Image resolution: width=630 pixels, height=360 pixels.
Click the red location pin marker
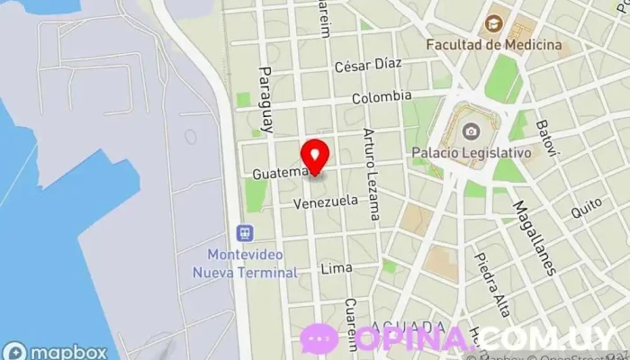pyautogui.click(x=314, y=155)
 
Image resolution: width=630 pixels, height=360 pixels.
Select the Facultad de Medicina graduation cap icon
pyautogui.click(x=493, y=23)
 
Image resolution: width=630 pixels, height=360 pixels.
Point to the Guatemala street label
pyautogui.click(x=282, y=172)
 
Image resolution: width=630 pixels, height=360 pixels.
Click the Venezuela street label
pyautogui.click(x=325, y=202)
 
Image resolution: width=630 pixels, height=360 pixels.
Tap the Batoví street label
pyautogui.click(x=543, y=137)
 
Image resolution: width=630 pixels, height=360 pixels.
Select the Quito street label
pyautogui.click(x=586, y=209)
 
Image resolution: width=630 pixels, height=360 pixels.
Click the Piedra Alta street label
pyautogui.click(x=491, y=285)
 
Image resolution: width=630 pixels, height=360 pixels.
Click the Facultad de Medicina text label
pyautogui.click(x=494, y=44)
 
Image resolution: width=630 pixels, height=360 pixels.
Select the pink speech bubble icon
pyautogui.click(x=319, y=339)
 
